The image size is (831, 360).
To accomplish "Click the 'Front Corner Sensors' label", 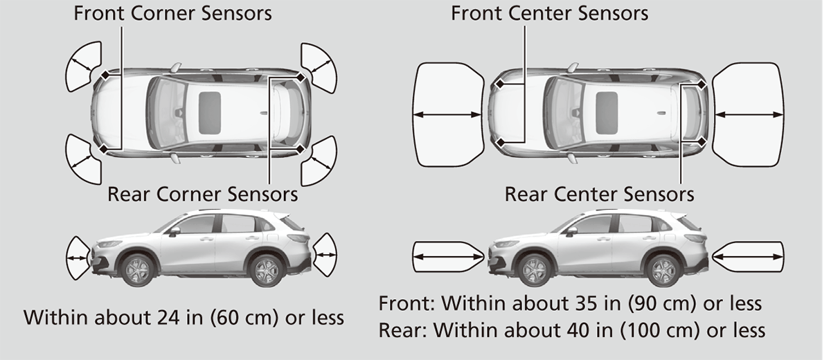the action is point(172,13).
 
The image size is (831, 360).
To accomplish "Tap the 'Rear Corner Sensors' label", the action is point(202,194).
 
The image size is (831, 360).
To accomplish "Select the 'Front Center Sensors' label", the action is point(549,13).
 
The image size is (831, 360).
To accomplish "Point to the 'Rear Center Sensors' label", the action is point(599,194).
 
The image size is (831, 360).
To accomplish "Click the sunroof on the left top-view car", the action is point(210,113).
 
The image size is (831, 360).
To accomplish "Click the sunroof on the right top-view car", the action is point(607,113).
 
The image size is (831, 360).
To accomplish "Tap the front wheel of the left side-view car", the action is point(137,270).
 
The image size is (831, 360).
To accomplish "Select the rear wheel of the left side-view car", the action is point(267,271).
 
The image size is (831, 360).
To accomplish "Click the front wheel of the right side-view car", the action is point(535,270).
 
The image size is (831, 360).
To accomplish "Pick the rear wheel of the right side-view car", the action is point(663,271).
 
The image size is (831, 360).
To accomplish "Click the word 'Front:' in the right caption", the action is point(406,303).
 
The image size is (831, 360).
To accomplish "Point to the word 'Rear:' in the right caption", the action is point(403,330).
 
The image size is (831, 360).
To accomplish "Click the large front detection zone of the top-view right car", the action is point(449,114).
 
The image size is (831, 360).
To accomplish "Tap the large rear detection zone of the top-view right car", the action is point(749,114).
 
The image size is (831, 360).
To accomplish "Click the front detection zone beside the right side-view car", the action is point(449,257).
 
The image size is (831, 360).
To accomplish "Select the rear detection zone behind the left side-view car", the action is point(325,255).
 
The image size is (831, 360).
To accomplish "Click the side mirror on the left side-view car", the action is point(175,231).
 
